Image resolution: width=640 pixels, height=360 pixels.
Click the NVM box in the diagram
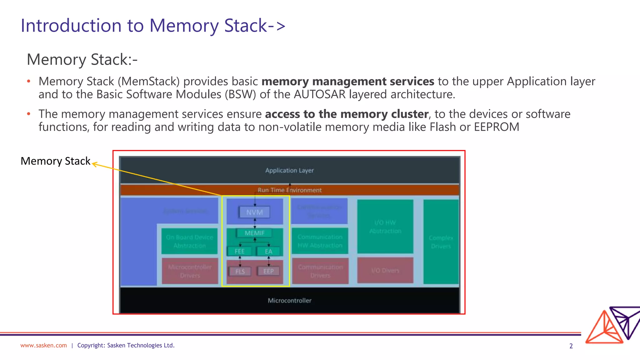point(254,212)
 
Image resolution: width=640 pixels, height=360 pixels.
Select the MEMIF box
point(254,233)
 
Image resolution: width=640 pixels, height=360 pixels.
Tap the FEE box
point(240,251)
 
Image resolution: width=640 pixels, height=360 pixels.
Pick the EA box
point(268,251)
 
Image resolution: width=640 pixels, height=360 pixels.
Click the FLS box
point(240,271)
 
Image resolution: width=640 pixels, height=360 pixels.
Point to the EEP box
point(268,271)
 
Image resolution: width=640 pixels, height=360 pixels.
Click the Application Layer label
point(289,170)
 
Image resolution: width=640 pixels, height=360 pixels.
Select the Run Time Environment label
point(289,190)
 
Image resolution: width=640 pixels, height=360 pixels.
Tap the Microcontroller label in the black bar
point(289,300)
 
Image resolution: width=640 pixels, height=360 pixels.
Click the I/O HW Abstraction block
point(385,227)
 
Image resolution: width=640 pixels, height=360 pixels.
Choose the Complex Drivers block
point(441,242)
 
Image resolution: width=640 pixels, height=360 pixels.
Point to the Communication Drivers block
point(320,271)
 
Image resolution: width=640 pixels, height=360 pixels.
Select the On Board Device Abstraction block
point(189,241)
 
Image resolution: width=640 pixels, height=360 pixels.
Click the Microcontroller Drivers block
point(190,271)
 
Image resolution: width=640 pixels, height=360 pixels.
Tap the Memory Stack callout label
point(55,161)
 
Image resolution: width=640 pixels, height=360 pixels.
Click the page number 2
point(571,346)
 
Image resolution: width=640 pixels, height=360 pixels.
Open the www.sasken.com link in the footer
point(43,345)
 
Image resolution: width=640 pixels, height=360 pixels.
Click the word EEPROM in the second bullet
point(496,127)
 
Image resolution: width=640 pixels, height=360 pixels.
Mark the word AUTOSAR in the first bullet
point(320,94)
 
